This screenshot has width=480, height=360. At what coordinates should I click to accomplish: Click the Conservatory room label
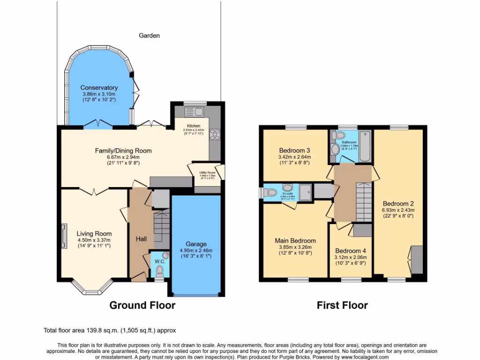[x=99, y=88]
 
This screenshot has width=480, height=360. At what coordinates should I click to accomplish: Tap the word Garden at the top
[x=150, y=36]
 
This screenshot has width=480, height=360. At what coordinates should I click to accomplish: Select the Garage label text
[x=196, y=244]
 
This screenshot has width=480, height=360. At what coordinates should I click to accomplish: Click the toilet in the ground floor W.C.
[x=160, y=270]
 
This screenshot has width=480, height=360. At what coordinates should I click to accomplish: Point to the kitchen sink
[x=194, y=112]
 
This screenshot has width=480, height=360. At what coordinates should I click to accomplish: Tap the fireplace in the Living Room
[x=63, y=234]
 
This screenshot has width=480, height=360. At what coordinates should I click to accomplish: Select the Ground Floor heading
[x=142, y=306]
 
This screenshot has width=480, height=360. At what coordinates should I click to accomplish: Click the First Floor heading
[x=342, y=306]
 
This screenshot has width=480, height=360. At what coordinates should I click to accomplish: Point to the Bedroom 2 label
[x=398, y=204]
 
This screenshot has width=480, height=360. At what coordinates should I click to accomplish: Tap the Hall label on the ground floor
[x=141, y=239]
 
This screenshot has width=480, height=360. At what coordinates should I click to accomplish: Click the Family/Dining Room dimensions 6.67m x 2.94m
[x=123, y=157]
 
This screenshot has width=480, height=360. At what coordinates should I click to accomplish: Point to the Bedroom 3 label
[x=295, y=150]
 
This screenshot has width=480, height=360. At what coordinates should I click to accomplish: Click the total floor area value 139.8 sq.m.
[x=96, y=330]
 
